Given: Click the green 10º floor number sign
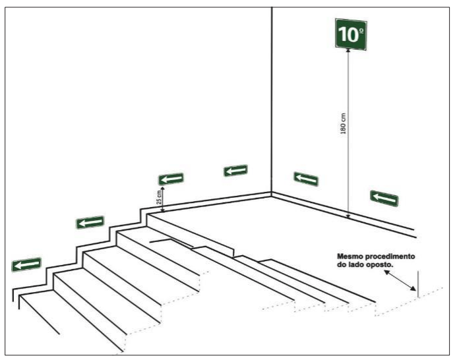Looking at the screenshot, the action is click(x=351, y=34).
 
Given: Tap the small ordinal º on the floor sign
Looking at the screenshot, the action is click(x=361, y=30).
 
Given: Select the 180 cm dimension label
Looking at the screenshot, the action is click(x=343, y=123).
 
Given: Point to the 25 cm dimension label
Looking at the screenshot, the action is click(x=159, y=197).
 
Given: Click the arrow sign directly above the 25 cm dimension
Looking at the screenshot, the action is click(x=171, y=179).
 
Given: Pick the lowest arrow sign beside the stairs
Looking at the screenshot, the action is click(x=26, y=264).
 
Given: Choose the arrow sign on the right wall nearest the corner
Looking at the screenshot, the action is click(x=306, y=179).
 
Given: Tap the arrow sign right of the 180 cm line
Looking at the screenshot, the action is click(x=384, y=198).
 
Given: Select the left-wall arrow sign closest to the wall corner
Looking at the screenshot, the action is click(x=235, y=171).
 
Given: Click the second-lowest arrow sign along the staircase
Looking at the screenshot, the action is click(x=90, y=222).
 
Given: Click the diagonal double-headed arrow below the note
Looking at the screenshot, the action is click(x=400, y=280).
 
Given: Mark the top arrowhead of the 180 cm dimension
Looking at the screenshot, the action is click(x=348, y=51).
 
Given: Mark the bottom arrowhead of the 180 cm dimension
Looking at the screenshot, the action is click(x=348, y=216).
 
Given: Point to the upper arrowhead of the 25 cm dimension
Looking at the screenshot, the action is click(x=163, y=189).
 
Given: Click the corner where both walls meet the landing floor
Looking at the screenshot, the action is click(x=272, y=193).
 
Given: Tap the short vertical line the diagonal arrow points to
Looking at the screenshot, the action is click(x=418, y=284).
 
